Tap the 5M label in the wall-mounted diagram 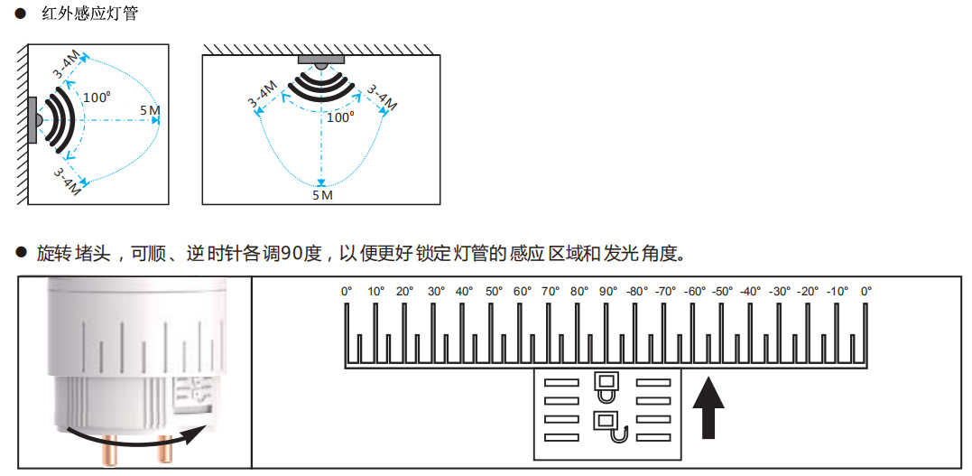pos(150,111)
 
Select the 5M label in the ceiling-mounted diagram pos(322,195)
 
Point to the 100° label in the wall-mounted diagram pos(97,98)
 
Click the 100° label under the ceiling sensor pos(340,117)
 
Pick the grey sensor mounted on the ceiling pos(321,61)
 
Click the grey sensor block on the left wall pos(32,120)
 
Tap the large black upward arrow pos(708,407)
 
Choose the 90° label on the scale pos(607,292)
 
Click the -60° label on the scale pos(694,292)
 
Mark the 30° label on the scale pos(436,292)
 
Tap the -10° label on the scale pos(837,292)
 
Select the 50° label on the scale pos(494,292)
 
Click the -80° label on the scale pos(637,292)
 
